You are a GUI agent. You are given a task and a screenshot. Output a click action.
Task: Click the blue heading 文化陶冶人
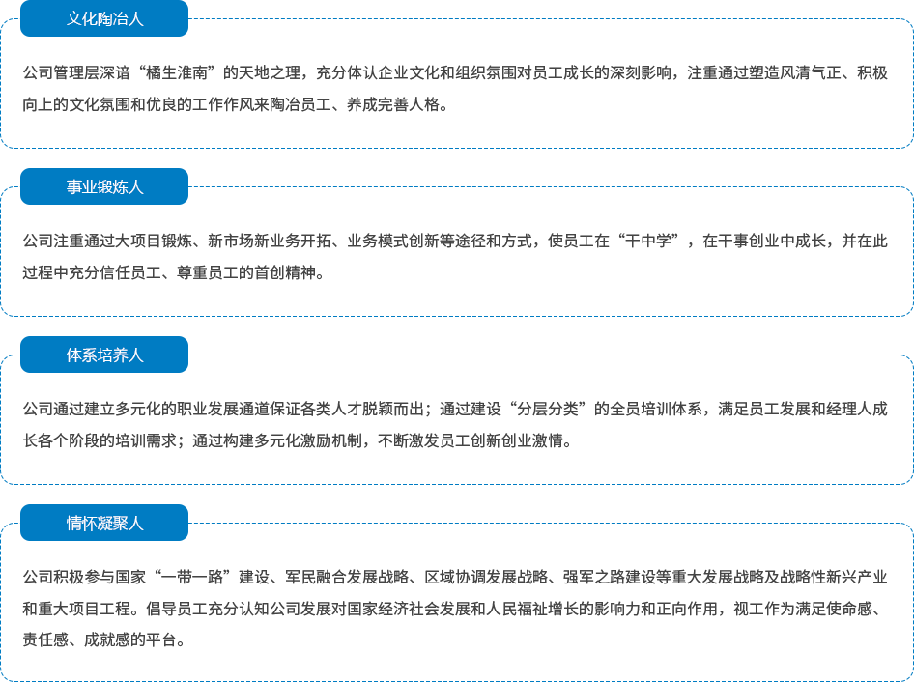coord(104,18)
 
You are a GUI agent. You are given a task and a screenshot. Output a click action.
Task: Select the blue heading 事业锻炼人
coord(104,186)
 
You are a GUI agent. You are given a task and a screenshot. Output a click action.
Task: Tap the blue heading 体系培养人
coord(104,355)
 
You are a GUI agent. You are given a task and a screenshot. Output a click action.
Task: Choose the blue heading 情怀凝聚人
coord(104,523)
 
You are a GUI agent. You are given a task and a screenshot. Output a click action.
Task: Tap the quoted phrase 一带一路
coord(192,577)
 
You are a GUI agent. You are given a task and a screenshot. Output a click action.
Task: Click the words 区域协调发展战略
coord(486,577)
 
